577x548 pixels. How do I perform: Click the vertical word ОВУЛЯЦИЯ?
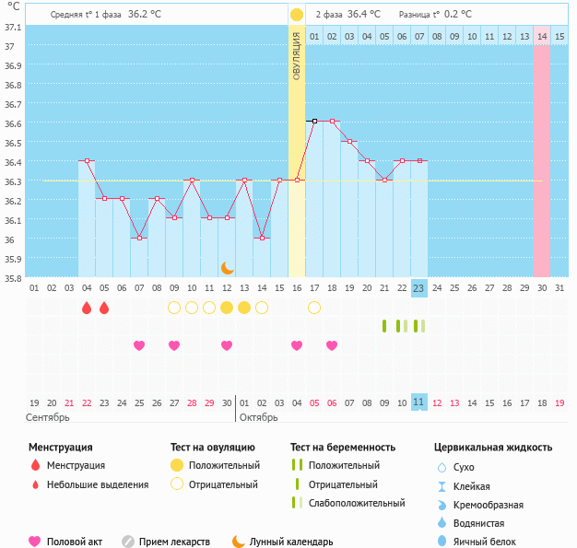click(x=297, y=56)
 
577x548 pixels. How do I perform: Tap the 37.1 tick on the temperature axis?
click(x=13, y=27)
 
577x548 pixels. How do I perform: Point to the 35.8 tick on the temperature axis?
click(x=13, y=277)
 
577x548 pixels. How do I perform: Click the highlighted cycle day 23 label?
click(x=418, y=288)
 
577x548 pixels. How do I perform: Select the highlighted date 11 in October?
click(x=418, y=402)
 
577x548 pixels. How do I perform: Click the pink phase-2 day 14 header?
click(x=542, y=36)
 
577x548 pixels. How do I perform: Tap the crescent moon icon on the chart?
click(x=227, y=267)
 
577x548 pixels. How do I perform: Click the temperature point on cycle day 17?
click(x=314, y=121)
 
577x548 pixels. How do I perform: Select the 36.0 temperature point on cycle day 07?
click(x=139, y=238)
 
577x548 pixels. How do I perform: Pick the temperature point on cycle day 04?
click(x=87, y=160)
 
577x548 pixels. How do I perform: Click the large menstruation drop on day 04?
click(x=87, y=308)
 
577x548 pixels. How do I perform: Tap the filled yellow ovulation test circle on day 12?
click(x=227, y=308)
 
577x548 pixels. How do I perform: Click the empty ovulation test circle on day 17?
click(x=314, y=308)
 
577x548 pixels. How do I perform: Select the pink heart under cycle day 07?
click(x=139, y=345)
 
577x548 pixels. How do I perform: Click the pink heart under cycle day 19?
click(x=332, y=345)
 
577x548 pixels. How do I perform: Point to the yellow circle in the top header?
click(x=297, y=15)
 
